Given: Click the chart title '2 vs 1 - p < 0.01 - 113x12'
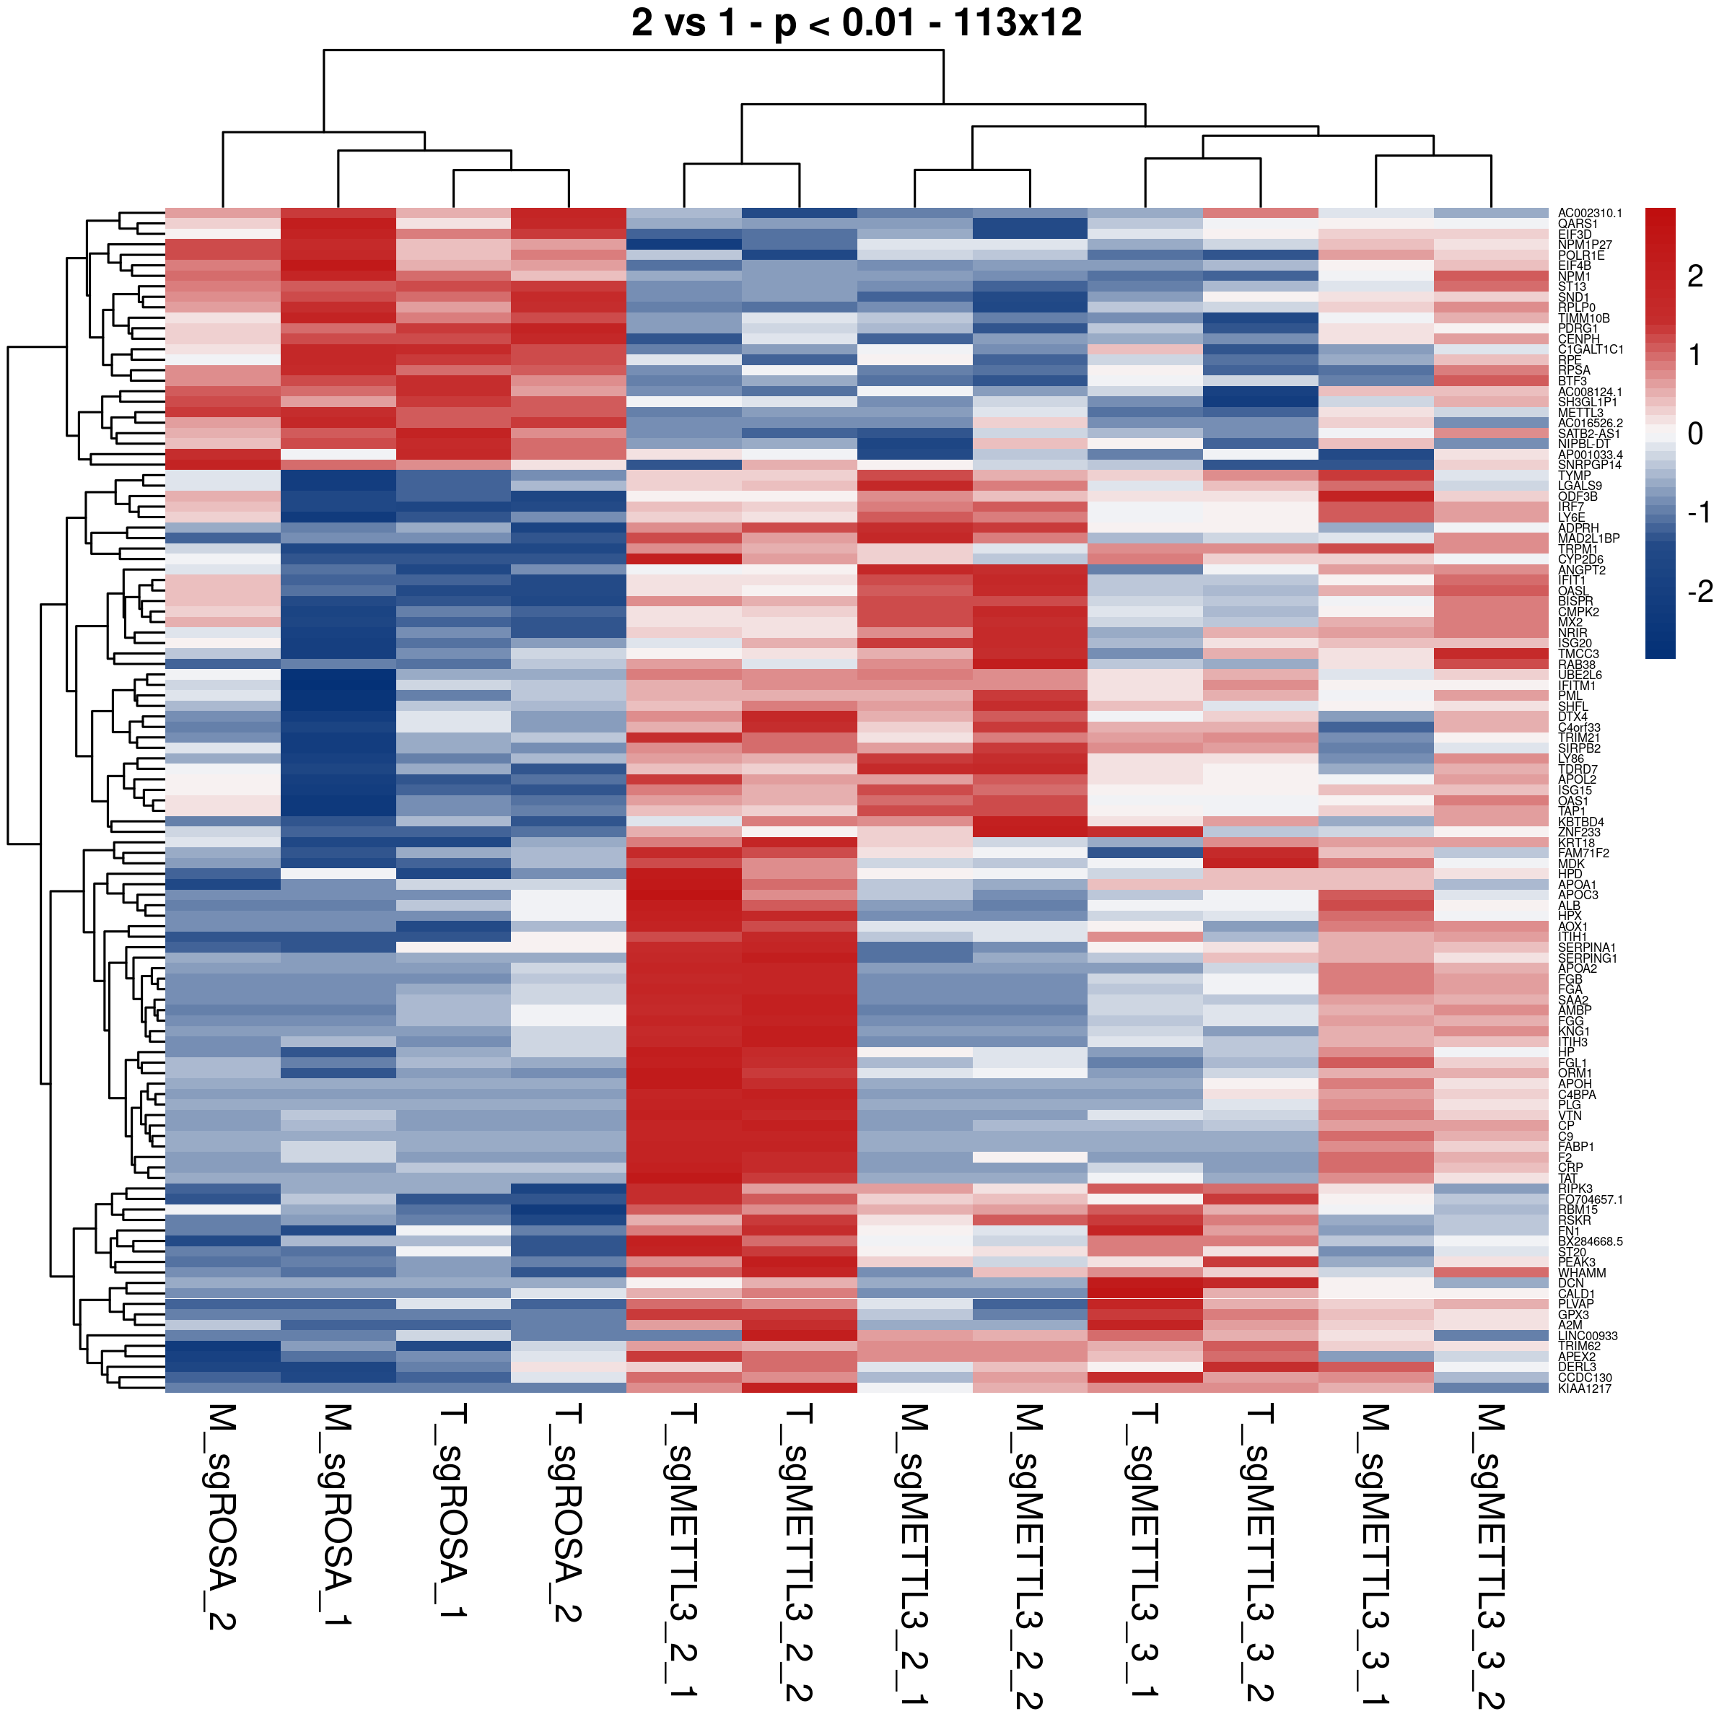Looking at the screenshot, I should click(856, 23).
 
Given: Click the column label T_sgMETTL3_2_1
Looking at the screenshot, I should click(684, 1551).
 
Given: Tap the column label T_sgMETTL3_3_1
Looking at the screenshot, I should click(1145, 1551).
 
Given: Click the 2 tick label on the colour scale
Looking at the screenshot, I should click(1694, 277).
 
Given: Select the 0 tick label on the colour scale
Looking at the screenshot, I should click(1694, 434).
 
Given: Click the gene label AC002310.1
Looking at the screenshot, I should click(1589, 214).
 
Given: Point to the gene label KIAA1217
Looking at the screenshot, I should click(1584, 1388).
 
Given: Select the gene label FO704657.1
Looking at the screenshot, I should click(1589, 1199).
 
